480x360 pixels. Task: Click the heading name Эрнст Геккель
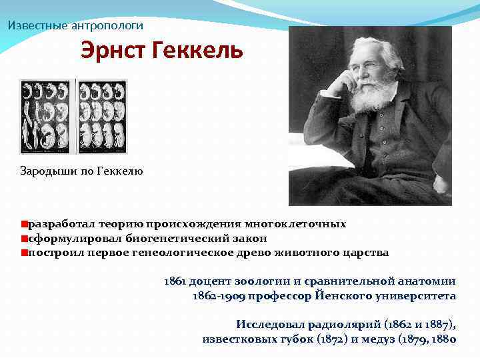162,51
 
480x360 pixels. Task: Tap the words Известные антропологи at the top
75,25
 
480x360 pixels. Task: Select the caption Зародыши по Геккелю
81,171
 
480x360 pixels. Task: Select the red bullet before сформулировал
24,239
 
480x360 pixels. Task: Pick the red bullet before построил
24,253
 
